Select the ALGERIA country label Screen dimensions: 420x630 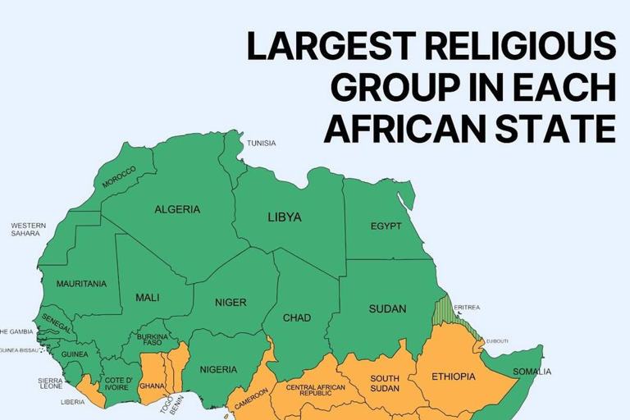click(x=177, y=209)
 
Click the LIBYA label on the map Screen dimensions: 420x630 click(x=285, y=217)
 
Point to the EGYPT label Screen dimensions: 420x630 click(x=386, y=226)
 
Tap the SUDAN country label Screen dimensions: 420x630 click(x=387, y=308)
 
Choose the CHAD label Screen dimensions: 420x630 click(x=297, y=317)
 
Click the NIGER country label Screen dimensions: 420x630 click(x=231, y=302)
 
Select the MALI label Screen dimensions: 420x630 click(x=148, y=298)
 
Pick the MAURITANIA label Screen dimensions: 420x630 click(x=81, y=284)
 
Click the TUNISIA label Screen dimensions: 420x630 click(x=262, y=144)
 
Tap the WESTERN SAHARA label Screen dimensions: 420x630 click(x=29, y=229)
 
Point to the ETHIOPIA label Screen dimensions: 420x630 click(x=453, y=377)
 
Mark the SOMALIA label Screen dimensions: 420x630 click(x=532, y=372)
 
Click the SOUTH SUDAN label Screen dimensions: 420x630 click(x=384, y=383)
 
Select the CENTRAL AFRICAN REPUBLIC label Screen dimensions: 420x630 click(x=315, y=390)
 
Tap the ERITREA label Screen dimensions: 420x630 click(x=466, y=308)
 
